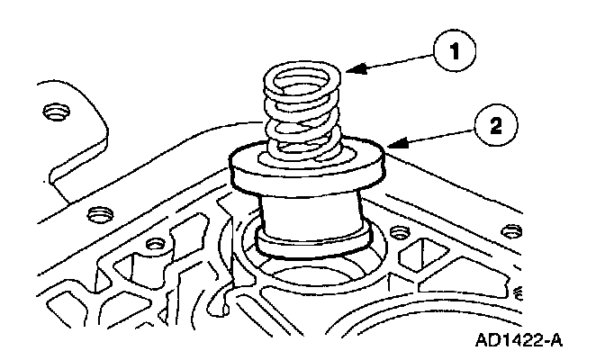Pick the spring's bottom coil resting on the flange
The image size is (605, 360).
(x=302, y=153)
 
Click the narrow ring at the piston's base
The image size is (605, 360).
(x=311, y=241)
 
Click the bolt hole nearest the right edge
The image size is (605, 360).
(x=519, y=292)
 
